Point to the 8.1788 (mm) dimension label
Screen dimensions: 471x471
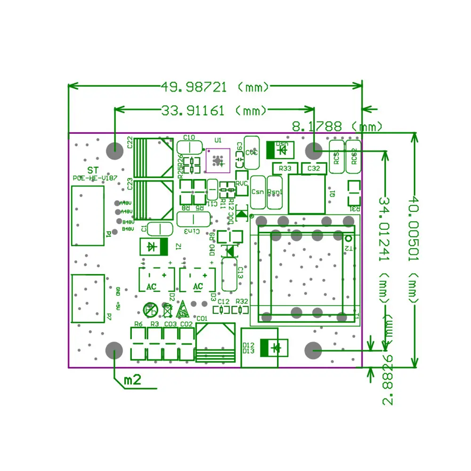click(337, 126)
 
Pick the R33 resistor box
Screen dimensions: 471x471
click(285, 168)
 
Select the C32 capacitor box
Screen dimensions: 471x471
click(314, 168)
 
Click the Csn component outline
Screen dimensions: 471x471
click(258, 192)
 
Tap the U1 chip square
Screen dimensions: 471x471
click(218, 161)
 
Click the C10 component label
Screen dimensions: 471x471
click(188, 138)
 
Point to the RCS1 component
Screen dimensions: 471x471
click(336, 153)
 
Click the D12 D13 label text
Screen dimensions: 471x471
click(249, 348)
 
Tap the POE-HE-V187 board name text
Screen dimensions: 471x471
click(95, 179)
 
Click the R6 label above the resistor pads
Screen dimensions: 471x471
click(138, 324)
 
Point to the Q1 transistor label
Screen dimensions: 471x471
click(333, 193)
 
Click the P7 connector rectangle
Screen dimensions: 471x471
click(88, 299)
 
